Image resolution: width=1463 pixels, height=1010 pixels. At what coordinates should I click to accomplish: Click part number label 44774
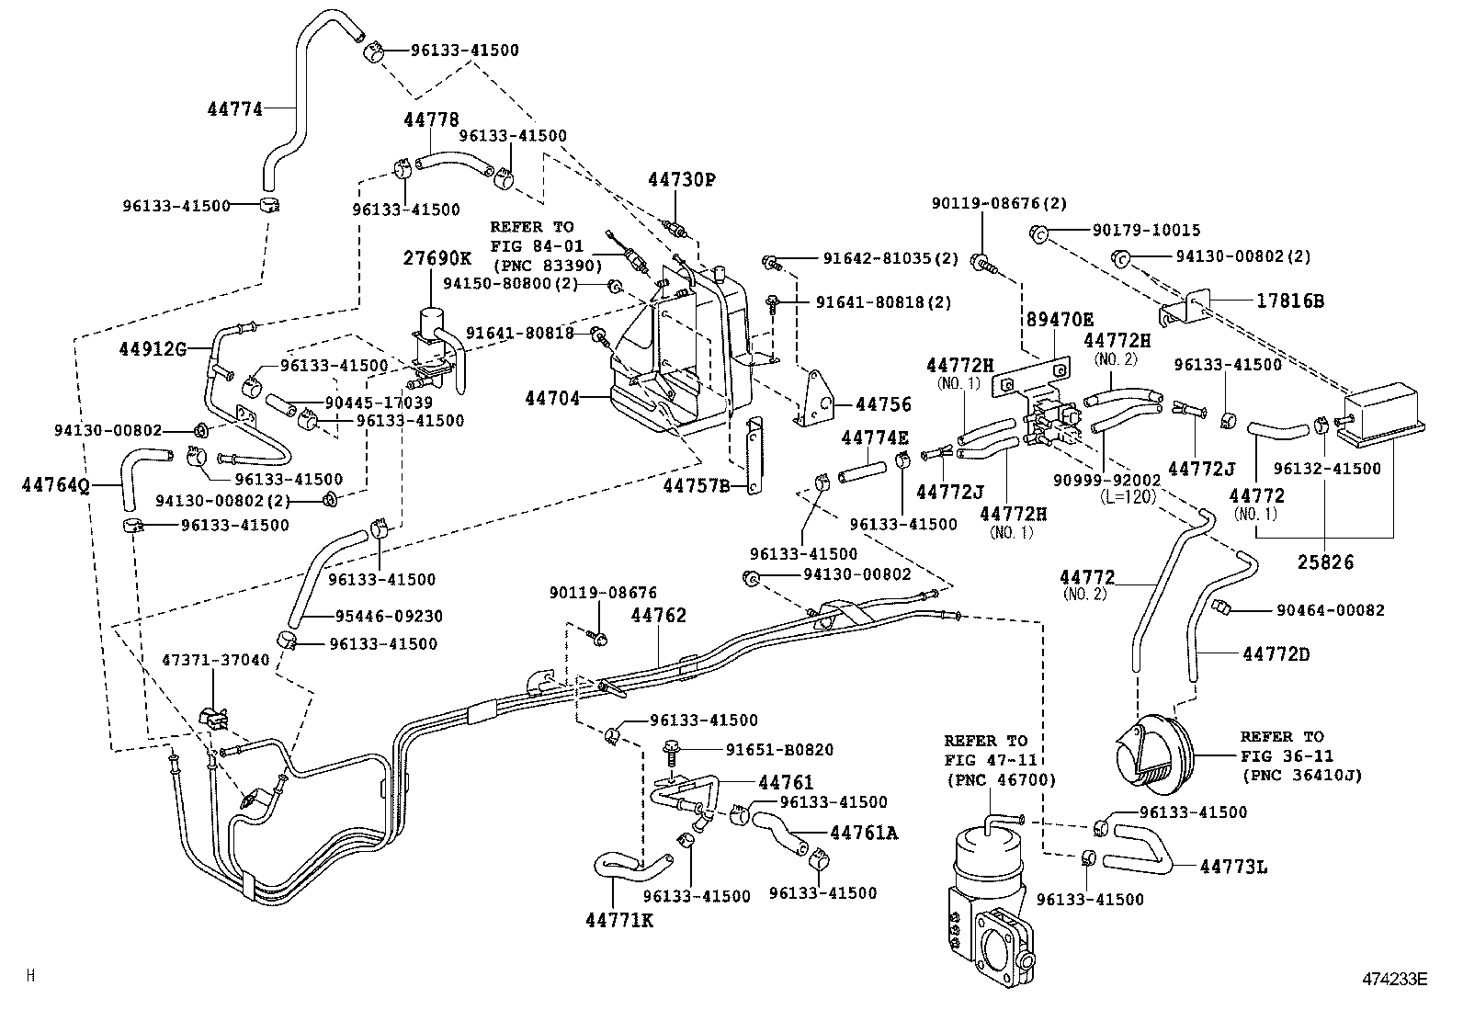234,109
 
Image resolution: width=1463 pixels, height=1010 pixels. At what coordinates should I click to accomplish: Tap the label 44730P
680,180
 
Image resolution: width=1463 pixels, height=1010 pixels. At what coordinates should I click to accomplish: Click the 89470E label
1060,319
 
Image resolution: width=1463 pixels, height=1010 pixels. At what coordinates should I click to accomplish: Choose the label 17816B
1289,301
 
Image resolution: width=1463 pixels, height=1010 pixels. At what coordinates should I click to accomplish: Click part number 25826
1325,562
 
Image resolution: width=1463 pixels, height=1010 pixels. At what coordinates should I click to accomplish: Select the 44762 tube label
658,615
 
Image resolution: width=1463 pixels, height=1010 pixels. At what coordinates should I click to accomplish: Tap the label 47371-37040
216,660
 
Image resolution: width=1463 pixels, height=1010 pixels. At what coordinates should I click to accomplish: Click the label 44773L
1233,866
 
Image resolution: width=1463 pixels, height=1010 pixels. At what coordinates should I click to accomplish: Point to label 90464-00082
1330,609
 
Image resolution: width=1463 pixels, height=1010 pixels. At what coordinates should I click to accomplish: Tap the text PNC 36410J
1301,775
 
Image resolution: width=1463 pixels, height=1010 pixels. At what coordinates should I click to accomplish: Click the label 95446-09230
385,616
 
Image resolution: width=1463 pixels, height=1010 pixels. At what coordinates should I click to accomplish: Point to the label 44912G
153,348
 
